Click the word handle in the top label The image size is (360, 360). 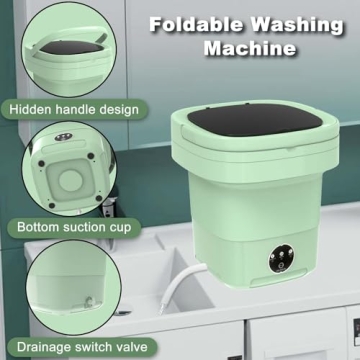click(77, 108)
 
